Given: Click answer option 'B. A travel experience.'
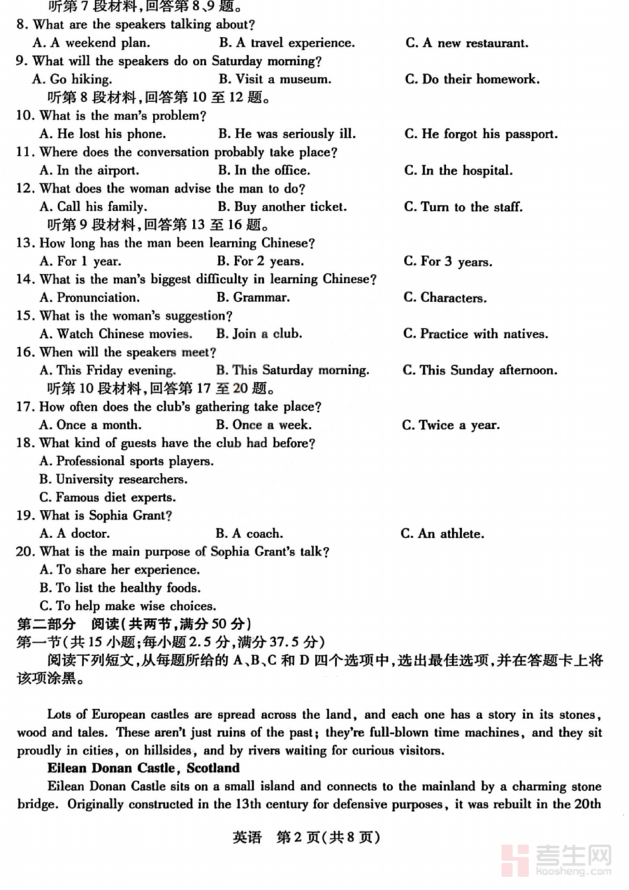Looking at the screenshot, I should point(287,43).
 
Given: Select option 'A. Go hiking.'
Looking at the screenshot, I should point(72,80).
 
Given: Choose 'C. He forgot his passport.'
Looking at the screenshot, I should point(481,134).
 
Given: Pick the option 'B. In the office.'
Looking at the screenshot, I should point(263,170).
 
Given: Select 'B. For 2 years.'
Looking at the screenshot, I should point(260,261).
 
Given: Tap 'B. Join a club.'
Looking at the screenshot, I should point(259,334).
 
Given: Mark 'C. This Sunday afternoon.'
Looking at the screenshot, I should point(479,370).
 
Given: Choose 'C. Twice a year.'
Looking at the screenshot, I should point(451,425).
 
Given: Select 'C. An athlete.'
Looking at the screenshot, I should point(442,534).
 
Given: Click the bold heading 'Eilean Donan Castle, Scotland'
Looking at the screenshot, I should point(143,768).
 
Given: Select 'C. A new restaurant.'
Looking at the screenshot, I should point(467,43).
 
